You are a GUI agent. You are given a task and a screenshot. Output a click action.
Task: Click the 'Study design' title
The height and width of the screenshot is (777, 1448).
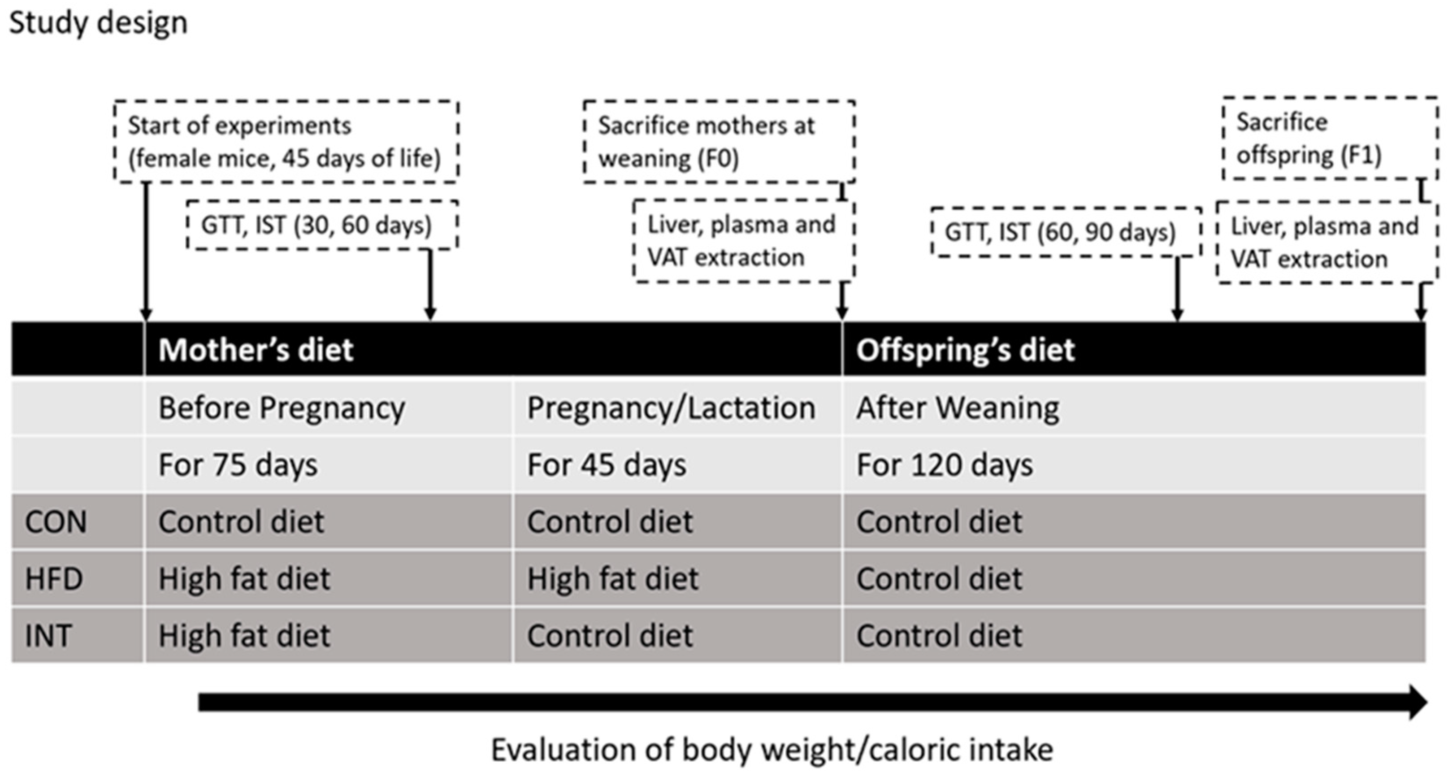click(x=98, y=24)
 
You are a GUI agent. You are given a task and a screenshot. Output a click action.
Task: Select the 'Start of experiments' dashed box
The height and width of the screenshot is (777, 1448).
click(x=286, y=142)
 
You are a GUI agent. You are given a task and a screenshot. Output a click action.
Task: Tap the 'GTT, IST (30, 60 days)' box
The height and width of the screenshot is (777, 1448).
click(x=321, y=226)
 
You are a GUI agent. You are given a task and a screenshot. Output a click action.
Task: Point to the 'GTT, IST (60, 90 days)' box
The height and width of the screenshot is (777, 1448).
click(x=1065, y=232)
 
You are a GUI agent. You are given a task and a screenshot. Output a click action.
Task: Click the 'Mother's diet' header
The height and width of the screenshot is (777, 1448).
click(x=256, y=350)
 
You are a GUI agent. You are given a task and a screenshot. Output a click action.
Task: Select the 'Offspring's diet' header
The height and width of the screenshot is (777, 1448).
click(x=965, y=350)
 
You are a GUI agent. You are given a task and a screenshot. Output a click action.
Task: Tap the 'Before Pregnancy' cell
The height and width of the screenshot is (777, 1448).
click(x=281, y=408)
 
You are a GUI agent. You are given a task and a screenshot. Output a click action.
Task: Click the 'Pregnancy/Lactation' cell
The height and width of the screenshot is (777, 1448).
click(x=671, y=408)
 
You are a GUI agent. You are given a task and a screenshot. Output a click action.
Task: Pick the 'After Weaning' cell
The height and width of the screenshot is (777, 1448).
click(x=957, y=408)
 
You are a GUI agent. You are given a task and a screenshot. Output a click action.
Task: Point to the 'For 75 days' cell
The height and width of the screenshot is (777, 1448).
click(x=238, y=465)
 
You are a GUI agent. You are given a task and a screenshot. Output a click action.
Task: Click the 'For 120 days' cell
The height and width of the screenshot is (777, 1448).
click(x=945, y=465)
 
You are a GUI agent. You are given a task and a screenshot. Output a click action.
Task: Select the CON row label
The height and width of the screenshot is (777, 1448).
click(x=56, y=522)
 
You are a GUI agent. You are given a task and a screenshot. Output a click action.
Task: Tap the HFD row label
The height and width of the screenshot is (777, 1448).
click(x=54, y=578)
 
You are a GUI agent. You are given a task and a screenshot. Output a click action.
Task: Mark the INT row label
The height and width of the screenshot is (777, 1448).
click(x=48, y=636)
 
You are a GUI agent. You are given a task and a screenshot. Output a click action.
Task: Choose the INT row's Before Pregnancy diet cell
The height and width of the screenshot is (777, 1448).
click(x=244, y=636)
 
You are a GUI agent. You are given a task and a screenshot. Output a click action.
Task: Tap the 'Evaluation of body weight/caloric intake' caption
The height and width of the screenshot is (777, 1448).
click(x=772, y=750)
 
